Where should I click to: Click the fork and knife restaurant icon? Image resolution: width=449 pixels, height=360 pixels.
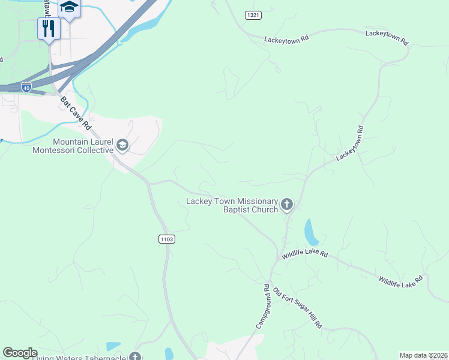pos(49,28)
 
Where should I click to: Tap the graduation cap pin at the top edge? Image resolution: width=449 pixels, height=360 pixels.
pos(69,8)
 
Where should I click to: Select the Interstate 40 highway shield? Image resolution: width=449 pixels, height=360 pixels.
pos(26,87)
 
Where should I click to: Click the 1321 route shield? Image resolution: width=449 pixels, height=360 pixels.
pos(253,14)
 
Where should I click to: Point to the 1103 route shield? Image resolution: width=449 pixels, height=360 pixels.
pos(167,239)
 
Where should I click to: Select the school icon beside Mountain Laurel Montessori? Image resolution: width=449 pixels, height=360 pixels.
pos(122,145)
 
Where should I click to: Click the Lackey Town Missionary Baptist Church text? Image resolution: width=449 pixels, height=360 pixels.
pos(232,205)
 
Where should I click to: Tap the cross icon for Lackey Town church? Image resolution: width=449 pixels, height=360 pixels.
pos(287,205)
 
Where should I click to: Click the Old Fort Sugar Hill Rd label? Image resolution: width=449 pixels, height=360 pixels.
pos(298,308)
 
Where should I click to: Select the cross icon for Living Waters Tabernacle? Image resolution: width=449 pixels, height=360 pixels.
pos(136,357)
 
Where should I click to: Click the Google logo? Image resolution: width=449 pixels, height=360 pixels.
pos(20,353)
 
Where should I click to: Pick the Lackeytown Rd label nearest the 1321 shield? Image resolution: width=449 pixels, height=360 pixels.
pos(286,38)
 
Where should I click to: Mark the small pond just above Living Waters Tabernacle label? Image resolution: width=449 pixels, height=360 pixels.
pos(113,346)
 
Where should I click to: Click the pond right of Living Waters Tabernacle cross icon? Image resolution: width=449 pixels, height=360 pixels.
pos(169,353)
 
